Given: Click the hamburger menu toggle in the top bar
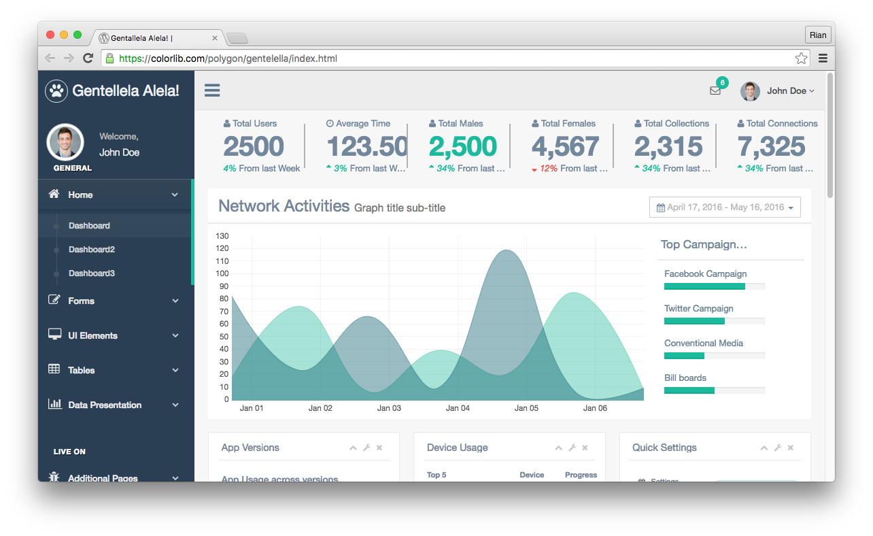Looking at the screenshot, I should tap(212, 90).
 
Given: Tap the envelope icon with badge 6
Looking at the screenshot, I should tap(715, 90).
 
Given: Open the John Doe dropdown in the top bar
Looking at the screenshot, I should tap(778, 91).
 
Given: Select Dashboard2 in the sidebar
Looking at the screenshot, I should tap(92, 250).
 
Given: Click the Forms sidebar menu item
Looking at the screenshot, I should tap(81, 301).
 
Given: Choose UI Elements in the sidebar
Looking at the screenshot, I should tap(92, 335).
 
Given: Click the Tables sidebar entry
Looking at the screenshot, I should tap(81, 370).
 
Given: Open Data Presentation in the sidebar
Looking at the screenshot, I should tap(105, 405).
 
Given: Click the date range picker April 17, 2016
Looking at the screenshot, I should tap(725, 207).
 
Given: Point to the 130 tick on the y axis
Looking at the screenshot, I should tap(222, 236).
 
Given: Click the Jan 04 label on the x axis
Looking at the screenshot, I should tap(458, 408).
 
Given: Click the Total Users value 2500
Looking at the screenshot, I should tap(254, 146).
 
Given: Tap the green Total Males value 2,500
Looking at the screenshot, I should tap(462, 146).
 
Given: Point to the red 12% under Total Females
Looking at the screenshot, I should tap(548, 169).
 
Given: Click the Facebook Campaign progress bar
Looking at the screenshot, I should tap(714, 286).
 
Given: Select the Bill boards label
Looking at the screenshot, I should tap(685, 378).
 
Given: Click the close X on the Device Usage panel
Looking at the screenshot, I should tap(585, 448).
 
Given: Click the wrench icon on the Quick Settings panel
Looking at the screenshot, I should tap(777, 448).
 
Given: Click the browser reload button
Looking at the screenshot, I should tap(88, 58).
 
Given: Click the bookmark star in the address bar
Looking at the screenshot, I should tap(801, 58).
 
